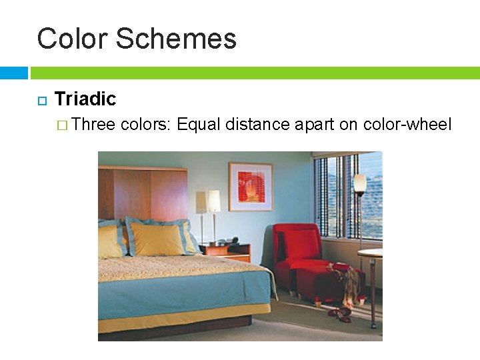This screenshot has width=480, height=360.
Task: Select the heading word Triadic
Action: pyautogui.click(x=85, y=99)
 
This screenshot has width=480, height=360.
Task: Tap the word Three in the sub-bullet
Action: pyautogui.click(x=93, y=124)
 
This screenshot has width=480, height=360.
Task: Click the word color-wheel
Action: pyautogui.click(x=407, y=124)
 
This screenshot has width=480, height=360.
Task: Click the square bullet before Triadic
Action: pyautogui.click(x=40, y=101)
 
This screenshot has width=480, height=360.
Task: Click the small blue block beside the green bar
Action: pyautogui.click(x=13, y=72)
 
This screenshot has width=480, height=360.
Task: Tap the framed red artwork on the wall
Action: pyautogui.click(x=250, y=187)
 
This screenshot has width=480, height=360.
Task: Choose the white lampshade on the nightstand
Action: pyautogui.click(x=213, y=201)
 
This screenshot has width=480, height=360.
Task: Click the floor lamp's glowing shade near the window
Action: pyautogui.click(x=360, y=184)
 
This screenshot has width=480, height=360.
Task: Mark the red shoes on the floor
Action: pyautogui.click(x=341, y=312)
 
